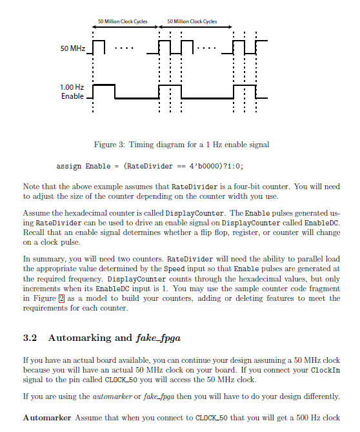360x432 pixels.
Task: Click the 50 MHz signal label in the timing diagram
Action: tap(73, 49)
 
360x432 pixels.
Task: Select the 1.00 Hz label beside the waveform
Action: tap(72, 87)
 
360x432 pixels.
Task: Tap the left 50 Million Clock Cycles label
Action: tap(123, 22)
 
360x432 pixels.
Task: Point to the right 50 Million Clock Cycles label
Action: tap(192, 22)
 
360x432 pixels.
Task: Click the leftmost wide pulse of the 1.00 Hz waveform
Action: tap(105, 85)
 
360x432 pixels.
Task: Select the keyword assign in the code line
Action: tap(69, 167)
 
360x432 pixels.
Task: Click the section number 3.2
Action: tap(30, 337)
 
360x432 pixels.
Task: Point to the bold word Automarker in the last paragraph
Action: tap(47, 418)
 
